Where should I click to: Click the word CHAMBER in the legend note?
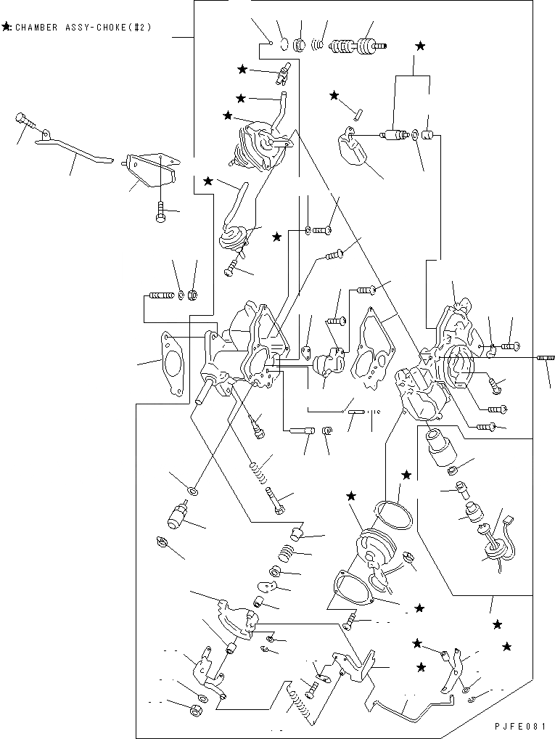tap(37, 28)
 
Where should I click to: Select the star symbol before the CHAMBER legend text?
tap(6, 28)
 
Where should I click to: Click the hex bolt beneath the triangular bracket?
tap(160, 213)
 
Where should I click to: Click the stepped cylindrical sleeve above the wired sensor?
tap(440, 447)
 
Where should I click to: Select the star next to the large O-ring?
tap(406, 475)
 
